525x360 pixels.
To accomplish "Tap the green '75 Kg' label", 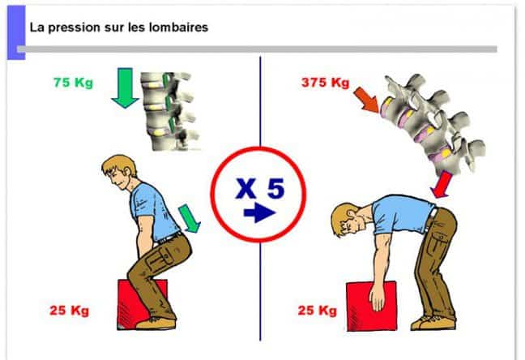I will [x=72, y=83].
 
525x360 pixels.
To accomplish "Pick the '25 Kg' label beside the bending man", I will [x=317, y=310].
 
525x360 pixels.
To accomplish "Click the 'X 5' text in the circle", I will [x=259, y=190].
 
